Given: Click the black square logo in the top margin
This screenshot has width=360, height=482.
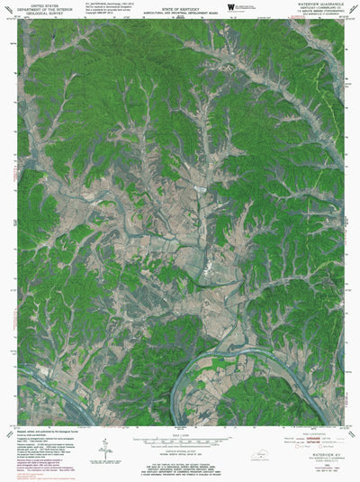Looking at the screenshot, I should pyautogui.click(x=231, y=6).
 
